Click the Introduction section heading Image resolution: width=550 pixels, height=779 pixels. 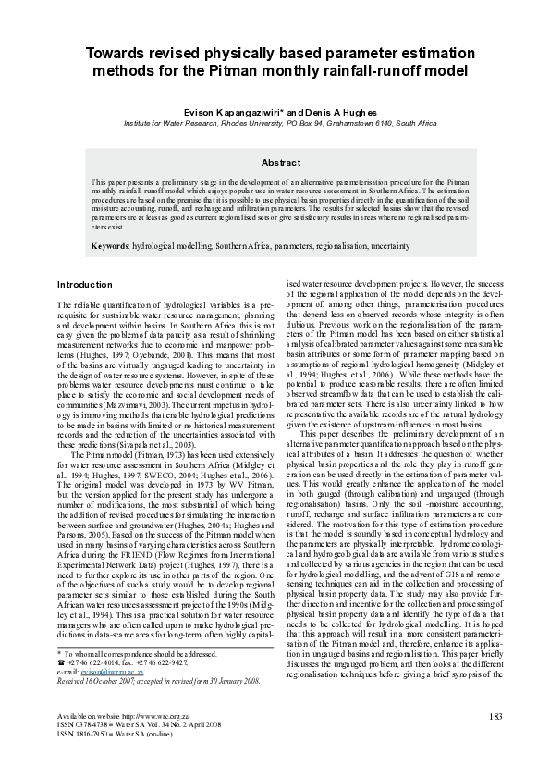84,284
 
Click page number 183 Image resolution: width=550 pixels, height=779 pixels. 495,716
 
